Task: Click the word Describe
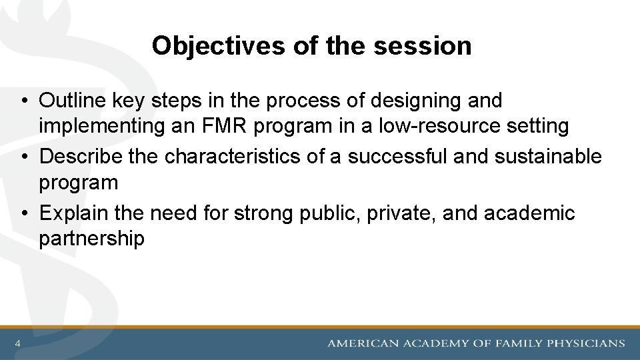pos(79,156)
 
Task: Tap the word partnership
pos(91,238)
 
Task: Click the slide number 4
pos(17,343)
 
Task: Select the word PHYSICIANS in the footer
pos(585,343)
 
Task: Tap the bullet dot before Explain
pos(23,213)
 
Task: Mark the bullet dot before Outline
pos(23,101)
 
